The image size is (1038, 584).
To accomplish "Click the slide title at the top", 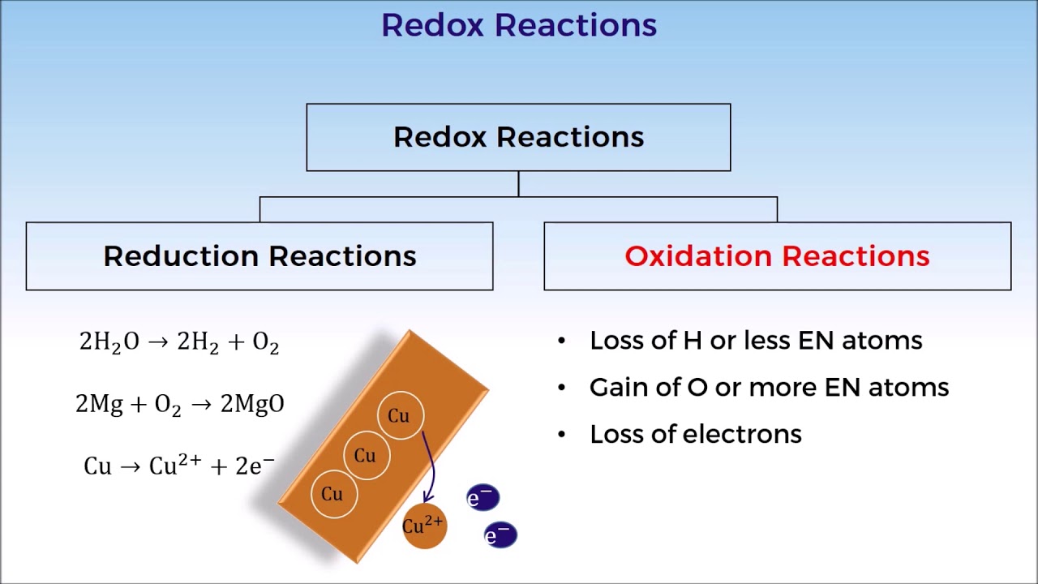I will (x=519, y=25).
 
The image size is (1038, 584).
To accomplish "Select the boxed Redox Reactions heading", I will (x=518, y=137).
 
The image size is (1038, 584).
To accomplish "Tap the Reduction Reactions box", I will (x=259, y=256).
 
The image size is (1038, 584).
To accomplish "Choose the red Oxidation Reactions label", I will (x=777, y=256).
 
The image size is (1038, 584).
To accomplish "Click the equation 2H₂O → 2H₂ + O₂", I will (x=179, y=342).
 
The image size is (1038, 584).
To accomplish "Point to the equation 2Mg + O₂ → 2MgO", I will (x=179, y=404).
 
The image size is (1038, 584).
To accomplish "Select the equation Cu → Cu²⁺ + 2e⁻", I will (x=179, y=466).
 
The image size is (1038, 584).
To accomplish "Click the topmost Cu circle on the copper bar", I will (x=399, y=416).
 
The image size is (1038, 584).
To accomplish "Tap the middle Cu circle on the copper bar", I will (x=366, y=455).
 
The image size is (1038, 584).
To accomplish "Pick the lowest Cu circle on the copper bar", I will (x=332, y=494).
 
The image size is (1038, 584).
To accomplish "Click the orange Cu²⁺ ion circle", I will (x=424, y=526).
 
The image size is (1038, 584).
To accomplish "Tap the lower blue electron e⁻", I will (x=500, y=535).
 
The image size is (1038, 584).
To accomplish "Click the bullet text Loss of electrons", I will (x=696, y=434).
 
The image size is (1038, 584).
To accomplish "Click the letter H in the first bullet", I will (x=692, y=341).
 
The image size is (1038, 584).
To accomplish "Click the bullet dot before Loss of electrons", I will (x=562, y=435).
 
